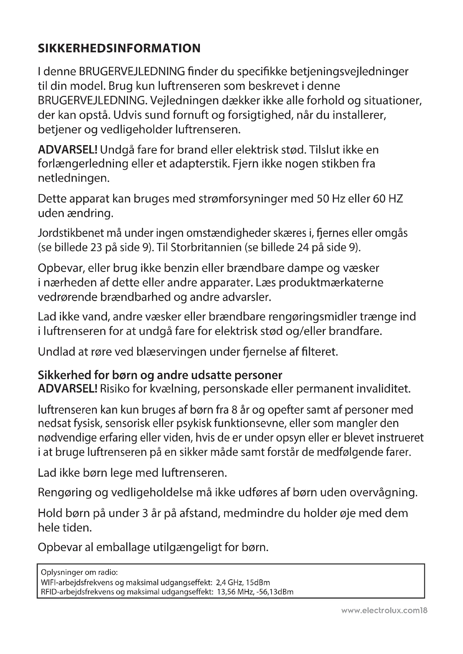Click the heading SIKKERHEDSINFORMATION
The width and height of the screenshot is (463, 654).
click(x=119, y=48)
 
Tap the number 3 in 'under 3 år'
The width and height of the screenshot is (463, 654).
click(x=144, y=513)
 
